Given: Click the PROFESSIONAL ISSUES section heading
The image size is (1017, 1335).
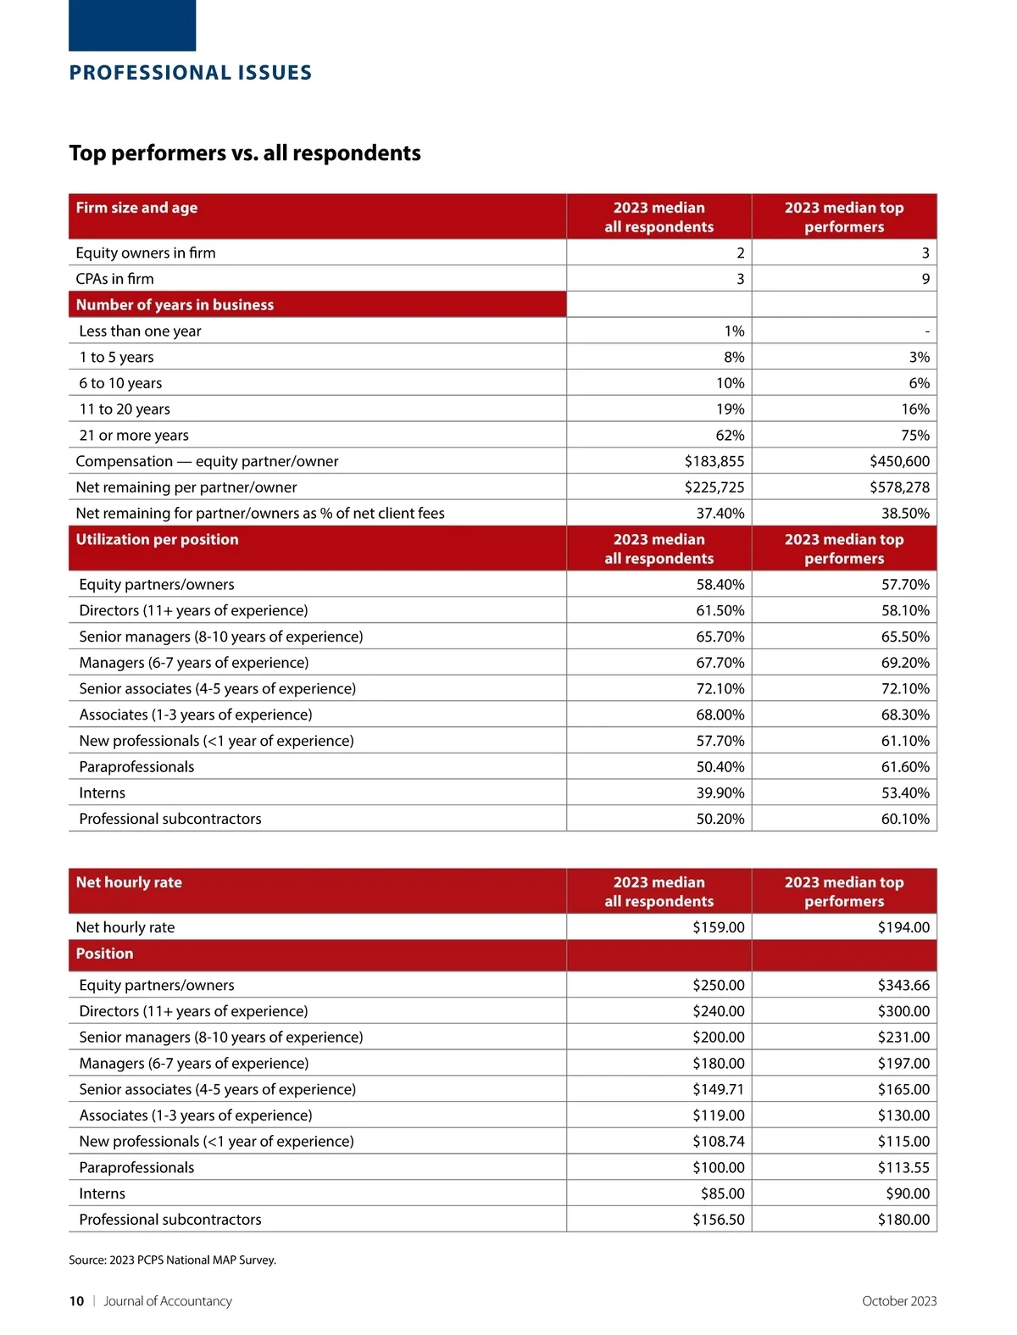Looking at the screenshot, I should [191, 73].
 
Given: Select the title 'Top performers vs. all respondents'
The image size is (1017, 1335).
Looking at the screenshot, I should [245, 153].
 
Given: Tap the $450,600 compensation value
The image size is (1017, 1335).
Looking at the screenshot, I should [899, 461].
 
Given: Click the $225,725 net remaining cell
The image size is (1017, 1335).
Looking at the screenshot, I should [714, 487].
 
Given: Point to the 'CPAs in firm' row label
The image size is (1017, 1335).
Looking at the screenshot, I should [114, 279].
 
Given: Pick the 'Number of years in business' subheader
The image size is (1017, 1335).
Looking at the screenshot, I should [175, 305].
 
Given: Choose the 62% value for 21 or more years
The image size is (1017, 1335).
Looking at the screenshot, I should [730, 436].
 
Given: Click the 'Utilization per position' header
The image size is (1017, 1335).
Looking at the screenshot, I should [157, 540].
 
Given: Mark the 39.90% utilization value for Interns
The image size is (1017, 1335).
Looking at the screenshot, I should [720, 793].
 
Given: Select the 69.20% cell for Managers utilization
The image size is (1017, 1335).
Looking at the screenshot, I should [905, 663].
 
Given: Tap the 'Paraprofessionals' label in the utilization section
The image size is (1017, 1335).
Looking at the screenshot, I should [136, 767].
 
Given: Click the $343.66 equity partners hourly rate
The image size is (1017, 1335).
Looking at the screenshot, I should [903, 986].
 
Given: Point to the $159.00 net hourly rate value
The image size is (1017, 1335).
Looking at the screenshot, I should [718, 928].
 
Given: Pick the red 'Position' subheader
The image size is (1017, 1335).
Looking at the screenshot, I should [104, 954].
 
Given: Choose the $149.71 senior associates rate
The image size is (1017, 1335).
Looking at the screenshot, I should [718, 1090].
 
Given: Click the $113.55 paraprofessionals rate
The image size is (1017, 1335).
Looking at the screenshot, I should [903, 1168].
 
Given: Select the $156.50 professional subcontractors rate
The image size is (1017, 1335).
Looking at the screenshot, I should [718, 1220].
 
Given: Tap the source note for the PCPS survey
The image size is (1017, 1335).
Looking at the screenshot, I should [172, 1260].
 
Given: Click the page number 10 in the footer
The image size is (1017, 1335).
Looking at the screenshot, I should [76, 1302].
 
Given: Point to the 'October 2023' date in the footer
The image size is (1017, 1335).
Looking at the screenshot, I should [898, 1302].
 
